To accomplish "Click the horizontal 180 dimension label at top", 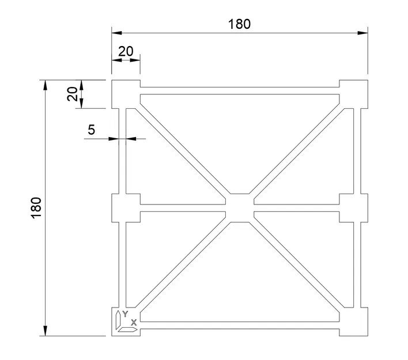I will pos(239,24).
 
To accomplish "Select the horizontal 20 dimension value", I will pos(126,51).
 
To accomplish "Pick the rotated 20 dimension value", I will pos(72,94).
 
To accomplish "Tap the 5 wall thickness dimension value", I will pos(91,130).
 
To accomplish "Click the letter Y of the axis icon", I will pos(125,314).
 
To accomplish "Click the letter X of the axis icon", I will pos(134,323).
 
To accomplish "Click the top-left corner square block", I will pos(124,93).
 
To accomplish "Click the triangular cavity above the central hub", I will pos(239,138).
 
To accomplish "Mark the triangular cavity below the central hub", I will pos(239,271).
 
